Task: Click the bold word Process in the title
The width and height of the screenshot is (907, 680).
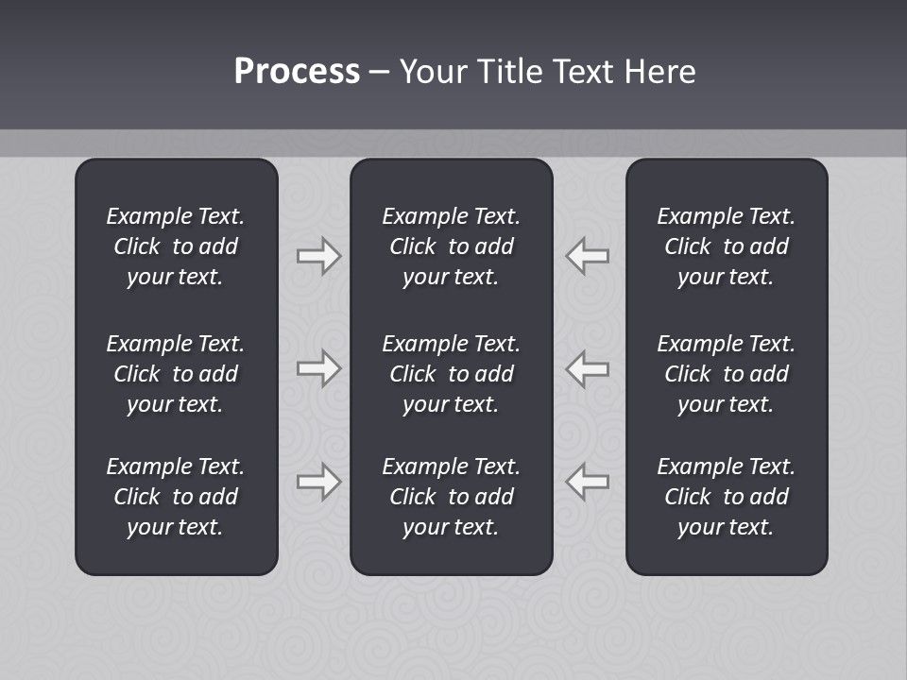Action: click(x=297, y=72)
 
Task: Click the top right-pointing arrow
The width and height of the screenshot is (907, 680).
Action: click(x=318, y=256)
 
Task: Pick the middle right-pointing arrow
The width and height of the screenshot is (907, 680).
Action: click(x=318, y=368)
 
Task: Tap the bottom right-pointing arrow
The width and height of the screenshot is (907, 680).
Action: click(x=318, y=482)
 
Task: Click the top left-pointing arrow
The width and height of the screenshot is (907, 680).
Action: click(x=587, y=256)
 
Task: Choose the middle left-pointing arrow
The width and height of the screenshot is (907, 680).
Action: click(x=587, y=368)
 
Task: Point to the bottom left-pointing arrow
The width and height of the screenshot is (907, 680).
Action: click(x=587, y=482)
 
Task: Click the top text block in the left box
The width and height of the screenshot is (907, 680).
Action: click(x=176, y=246)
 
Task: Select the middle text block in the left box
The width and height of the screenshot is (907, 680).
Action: click(x=176, y=374)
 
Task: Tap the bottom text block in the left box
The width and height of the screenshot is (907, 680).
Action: click(x=176, y=497)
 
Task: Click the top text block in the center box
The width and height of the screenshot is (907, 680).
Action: click(x=451, y=246)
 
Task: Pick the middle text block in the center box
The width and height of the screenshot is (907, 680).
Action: click(x=451, y=374)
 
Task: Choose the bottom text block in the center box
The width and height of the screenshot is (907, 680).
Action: click(x=451, y=497)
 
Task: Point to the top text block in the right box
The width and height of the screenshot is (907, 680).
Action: click(x=726, y=246)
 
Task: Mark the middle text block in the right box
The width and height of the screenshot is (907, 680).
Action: click(x=726, y=374)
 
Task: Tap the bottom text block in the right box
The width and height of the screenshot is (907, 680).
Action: click(x=726, y=497)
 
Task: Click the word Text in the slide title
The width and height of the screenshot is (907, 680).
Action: click(x=584, y=72)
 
